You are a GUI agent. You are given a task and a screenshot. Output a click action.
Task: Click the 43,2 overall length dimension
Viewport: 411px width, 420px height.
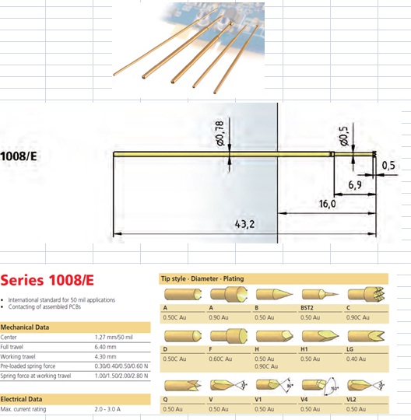coord(244,224)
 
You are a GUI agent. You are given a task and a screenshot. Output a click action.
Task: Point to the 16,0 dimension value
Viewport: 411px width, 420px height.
coord(328,204)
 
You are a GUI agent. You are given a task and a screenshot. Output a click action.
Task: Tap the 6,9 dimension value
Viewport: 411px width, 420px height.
coord(355,184)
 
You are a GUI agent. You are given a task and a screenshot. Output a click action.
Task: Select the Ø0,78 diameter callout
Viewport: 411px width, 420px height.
coord(220,134)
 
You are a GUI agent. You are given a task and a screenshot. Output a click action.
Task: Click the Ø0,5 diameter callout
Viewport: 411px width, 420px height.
coord(344,136)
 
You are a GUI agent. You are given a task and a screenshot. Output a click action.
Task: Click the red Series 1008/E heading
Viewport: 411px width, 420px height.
coord(47,280)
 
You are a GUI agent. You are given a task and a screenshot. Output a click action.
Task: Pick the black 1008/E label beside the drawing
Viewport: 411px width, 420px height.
coord(19,156)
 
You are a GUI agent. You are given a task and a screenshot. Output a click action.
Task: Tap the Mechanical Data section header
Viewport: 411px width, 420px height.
coord(25,327)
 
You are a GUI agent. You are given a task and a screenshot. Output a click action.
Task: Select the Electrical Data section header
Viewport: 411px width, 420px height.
coord(21,399)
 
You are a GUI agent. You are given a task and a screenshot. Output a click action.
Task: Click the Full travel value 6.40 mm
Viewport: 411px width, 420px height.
coord(105,347)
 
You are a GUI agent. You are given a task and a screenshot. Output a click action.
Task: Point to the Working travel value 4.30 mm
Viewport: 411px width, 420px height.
coord(105,356)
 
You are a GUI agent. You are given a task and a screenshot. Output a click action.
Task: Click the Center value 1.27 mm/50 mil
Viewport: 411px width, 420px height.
coord(114,337)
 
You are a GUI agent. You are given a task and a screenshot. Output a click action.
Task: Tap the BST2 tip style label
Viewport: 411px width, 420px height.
coord(307,308)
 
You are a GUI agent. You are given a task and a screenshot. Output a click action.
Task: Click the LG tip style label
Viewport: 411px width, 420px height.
coord(350,349)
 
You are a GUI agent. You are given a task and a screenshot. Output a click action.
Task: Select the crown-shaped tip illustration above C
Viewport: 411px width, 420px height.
coord(366,294)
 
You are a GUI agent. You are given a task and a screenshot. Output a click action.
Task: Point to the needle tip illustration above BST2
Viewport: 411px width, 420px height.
coord(320,294)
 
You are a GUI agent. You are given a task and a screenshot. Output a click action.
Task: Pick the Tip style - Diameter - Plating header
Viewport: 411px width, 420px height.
coord(202,279)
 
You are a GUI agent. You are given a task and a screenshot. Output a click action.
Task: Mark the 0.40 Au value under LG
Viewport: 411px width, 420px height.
coord(356,359)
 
